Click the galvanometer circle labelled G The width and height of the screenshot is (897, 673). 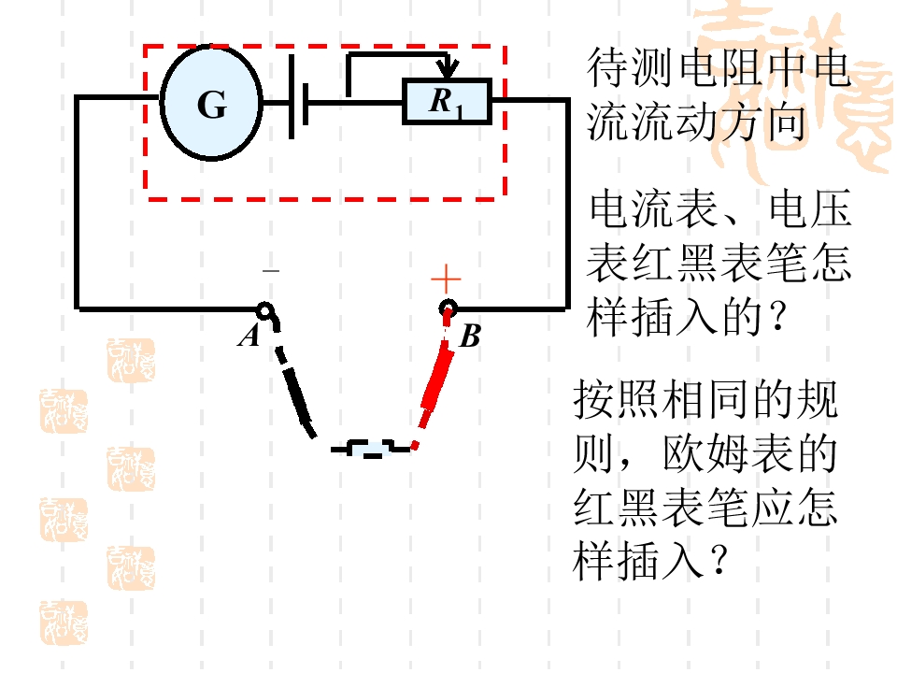pos(211,103)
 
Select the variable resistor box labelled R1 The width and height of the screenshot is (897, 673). pos(447,101)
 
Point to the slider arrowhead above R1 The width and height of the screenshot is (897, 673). pos(447,67)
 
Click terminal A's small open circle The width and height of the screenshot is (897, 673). pos(264,310)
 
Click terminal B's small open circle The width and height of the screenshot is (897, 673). pos(448,309)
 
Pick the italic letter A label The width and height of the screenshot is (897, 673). pos(249,336)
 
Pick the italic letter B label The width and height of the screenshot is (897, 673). pos(470,336)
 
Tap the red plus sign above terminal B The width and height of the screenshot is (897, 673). pos(446,279)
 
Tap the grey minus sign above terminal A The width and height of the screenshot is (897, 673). pos(271,270)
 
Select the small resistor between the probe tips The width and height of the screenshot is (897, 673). pos(371,449)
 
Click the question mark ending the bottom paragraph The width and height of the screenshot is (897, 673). pos(719,560)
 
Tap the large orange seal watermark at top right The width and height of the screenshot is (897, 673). pos(795,86)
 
